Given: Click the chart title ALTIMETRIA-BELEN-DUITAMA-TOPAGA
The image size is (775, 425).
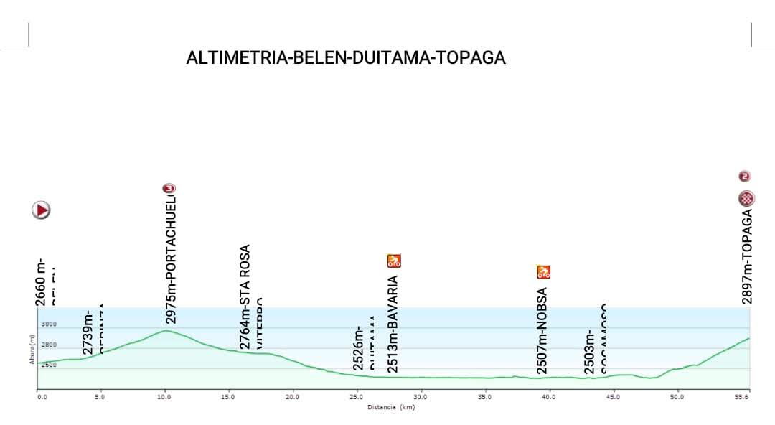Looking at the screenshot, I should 346,58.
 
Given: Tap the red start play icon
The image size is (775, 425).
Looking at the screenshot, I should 41,210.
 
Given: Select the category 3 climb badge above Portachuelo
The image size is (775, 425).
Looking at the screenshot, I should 169,188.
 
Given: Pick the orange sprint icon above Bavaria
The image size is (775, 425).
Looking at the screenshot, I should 394,261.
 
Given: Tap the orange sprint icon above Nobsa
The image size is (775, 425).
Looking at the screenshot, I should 544,272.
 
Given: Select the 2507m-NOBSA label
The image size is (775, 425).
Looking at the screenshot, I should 543,331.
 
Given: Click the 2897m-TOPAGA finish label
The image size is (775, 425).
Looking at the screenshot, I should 747,256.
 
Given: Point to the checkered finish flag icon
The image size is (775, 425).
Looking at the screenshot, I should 747,199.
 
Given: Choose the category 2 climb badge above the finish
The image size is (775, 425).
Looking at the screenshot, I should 745,176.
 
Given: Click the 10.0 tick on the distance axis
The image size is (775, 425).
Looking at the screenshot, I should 165,396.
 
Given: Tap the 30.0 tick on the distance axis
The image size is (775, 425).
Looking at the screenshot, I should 421,396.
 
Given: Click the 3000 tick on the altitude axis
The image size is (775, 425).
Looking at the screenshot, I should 48,325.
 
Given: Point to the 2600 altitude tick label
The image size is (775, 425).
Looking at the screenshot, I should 48,365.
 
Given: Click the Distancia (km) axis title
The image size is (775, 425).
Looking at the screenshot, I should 391,408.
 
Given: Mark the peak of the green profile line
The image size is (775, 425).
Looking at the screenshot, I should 166,330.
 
